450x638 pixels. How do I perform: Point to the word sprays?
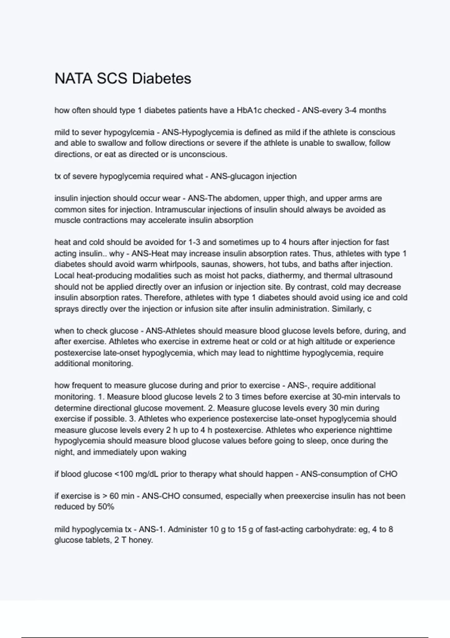coord(66,309)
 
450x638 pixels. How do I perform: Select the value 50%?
coord(105,507)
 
